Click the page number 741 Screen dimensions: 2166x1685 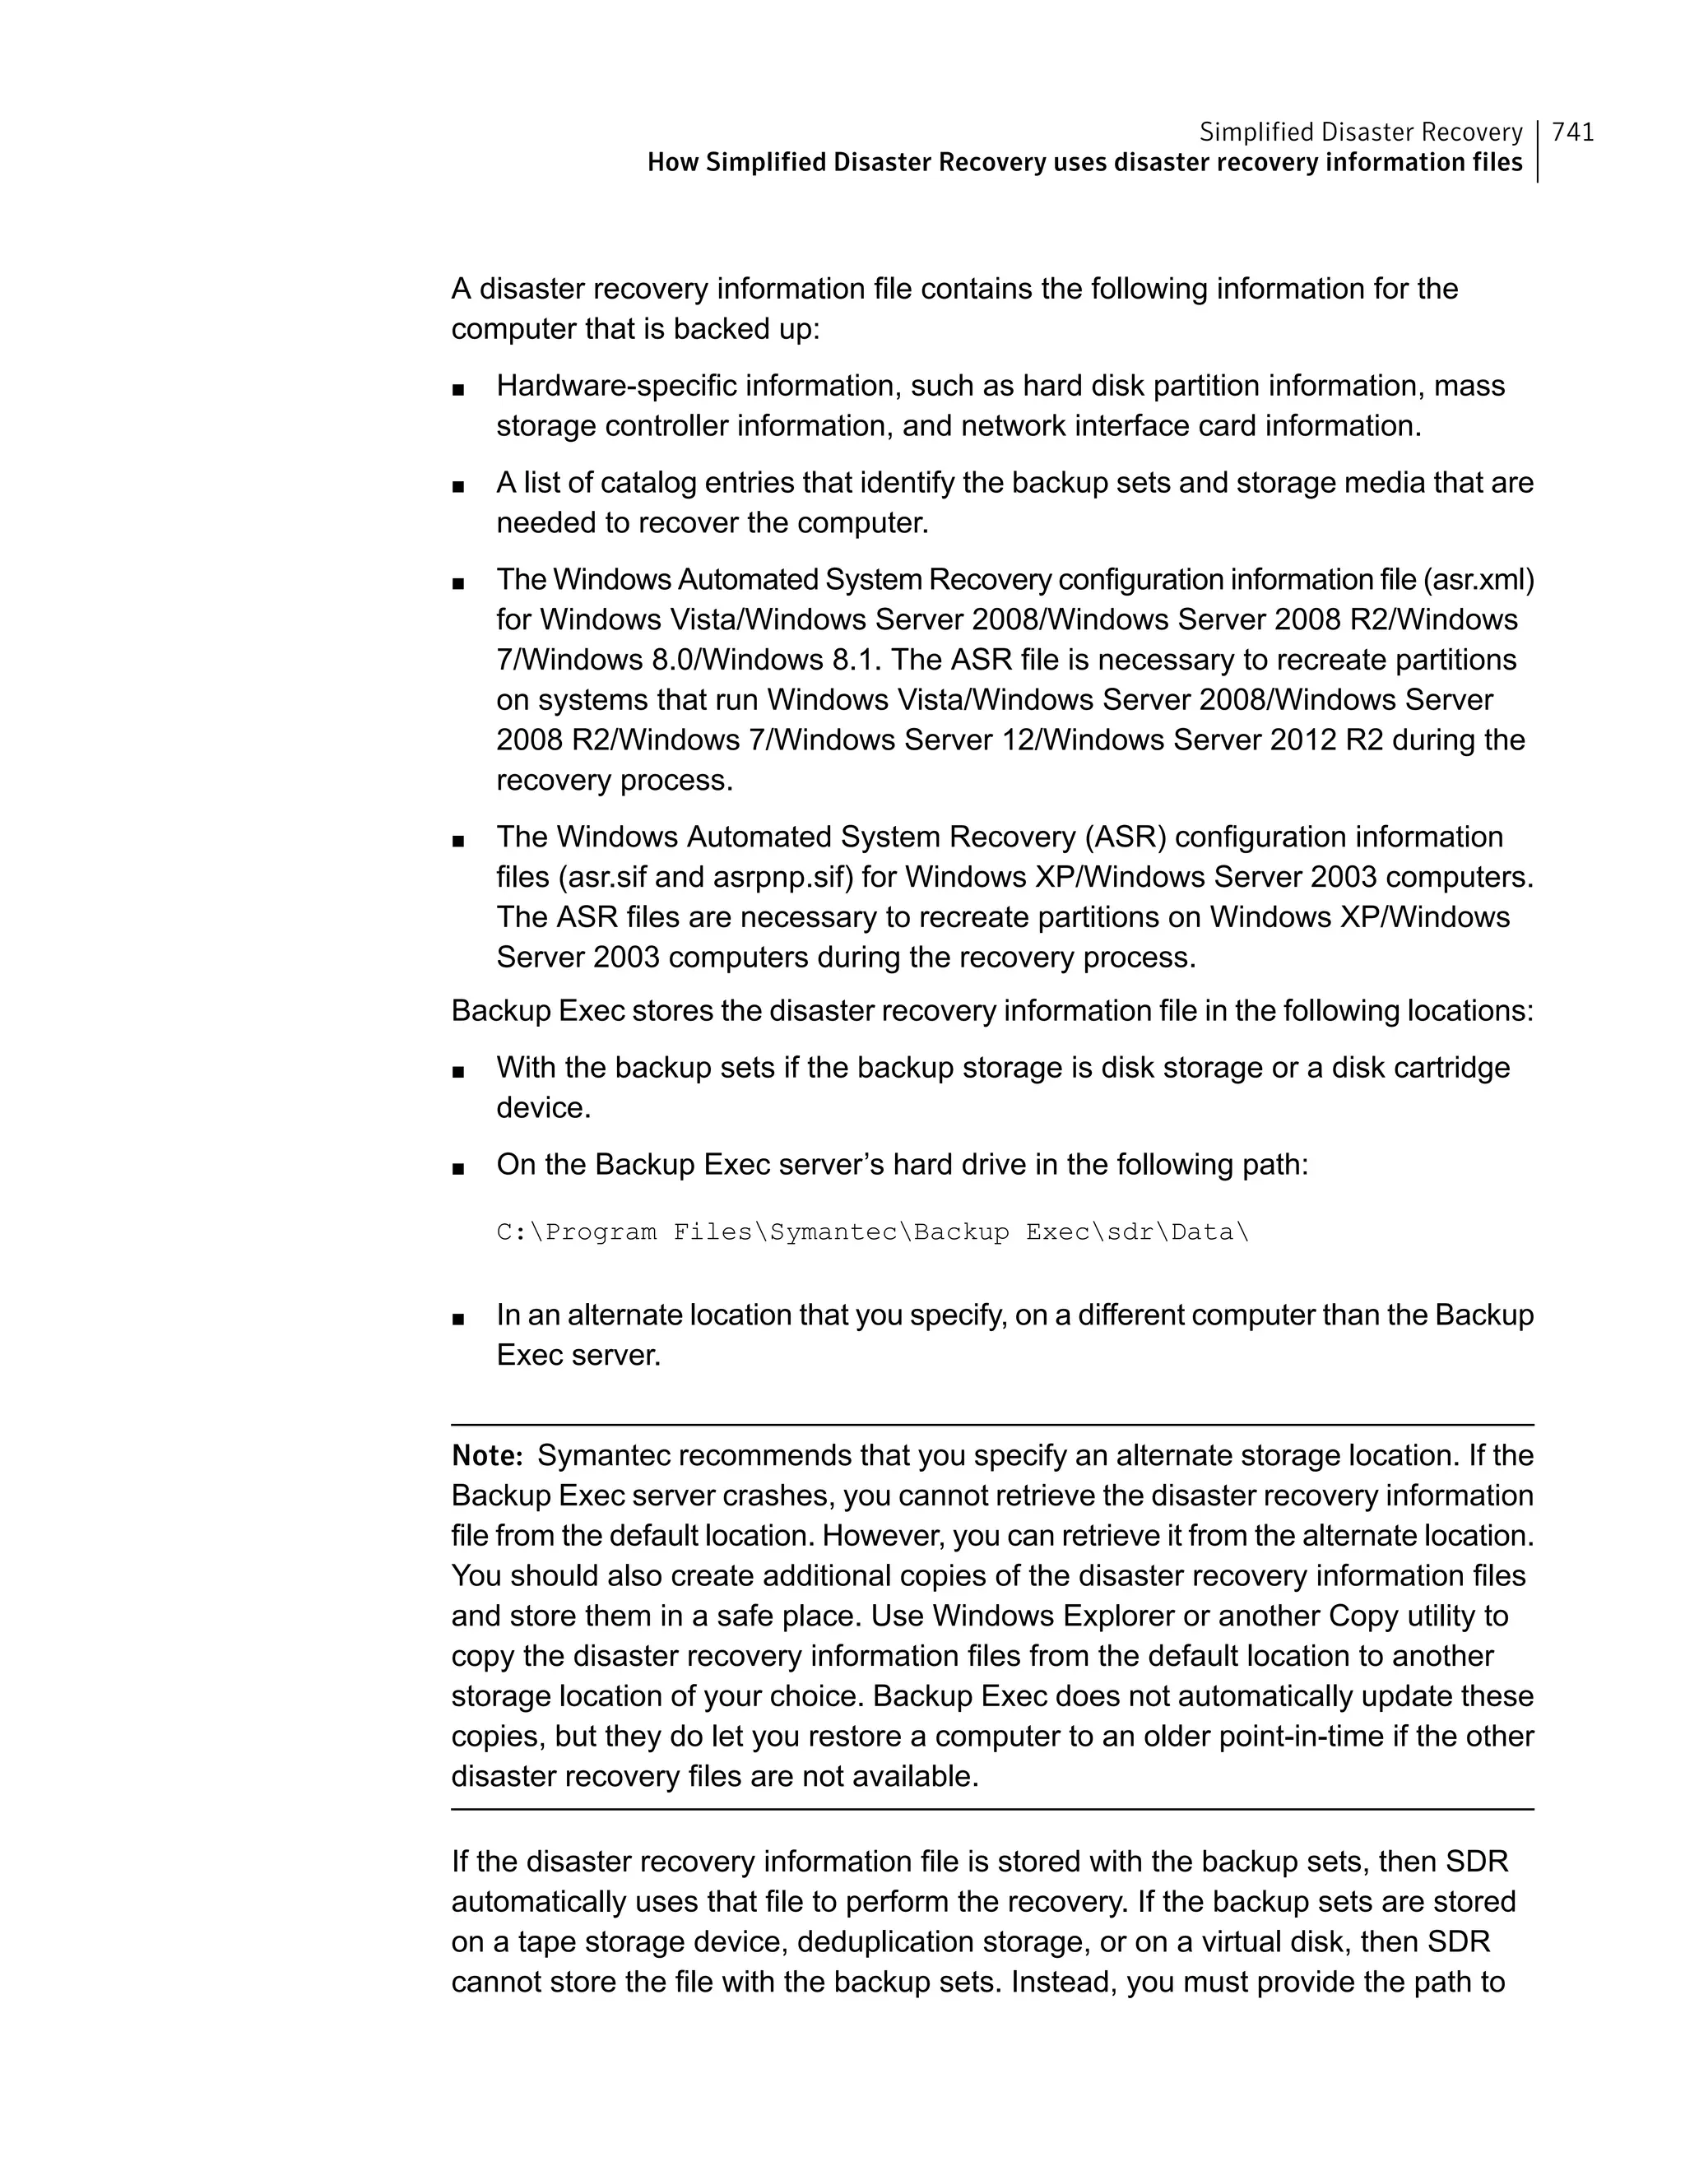coord(1573,132)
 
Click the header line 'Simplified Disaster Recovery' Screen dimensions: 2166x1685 coord(1360,132)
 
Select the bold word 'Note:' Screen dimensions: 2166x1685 coord(487,1456)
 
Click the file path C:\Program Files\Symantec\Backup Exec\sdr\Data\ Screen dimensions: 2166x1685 coord(873,1233)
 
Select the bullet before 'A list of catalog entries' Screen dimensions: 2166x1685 coord(457,486)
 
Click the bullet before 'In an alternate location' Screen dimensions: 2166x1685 coord(457,1318)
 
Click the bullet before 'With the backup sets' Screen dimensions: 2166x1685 coord(457,1071)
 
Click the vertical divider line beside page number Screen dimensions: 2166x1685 coord(1539,151)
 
